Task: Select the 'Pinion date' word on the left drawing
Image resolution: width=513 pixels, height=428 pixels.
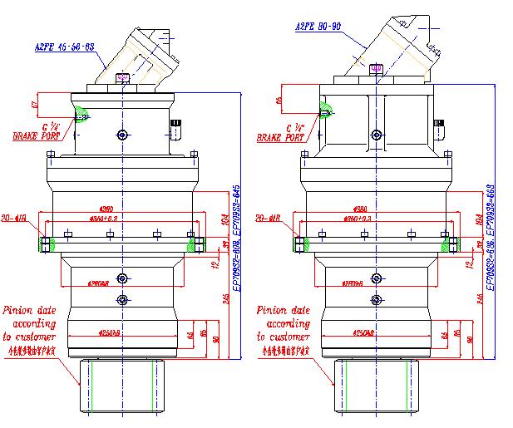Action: (x=29, y=311)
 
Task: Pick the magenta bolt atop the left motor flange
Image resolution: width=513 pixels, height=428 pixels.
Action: (x=123, y=78)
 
